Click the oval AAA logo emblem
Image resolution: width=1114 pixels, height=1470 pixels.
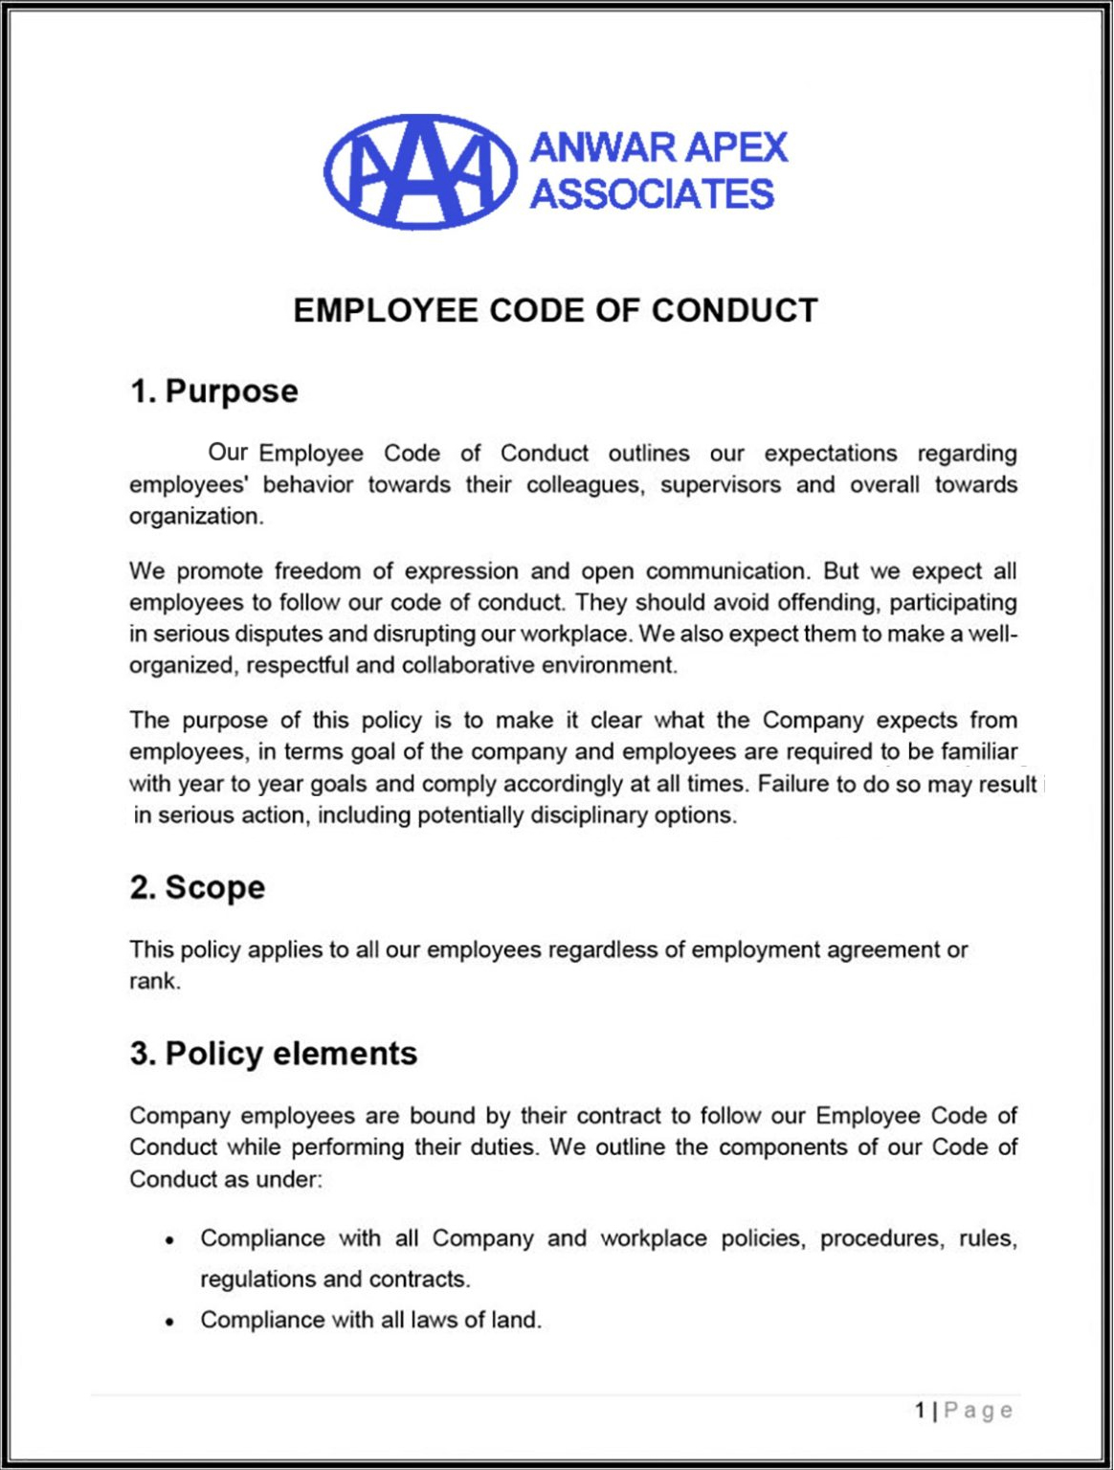[x=420, y=172]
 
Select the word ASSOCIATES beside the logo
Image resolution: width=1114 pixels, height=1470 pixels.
[x=652, y=194]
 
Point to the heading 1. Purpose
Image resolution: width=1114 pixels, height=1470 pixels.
[x=214, y=391]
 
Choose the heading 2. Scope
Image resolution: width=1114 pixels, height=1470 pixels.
[x=197, y=887]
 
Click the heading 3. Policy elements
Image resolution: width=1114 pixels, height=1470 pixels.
[x=274, y=1054]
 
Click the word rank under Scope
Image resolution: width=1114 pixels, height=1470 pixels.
[x=152, y=981]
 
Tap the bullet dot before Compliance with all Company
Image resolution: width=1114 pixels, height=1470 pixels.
[x=169, y=1240]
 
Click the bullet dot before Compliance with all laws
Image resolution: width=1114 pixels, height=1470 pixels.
[x=169, y=1322]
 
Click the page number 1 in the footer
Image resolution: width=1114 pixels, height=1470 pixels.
[x=920, y=1410]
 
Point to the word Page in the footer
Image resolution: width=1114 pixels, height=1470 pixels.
[x=978, y=1410]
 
